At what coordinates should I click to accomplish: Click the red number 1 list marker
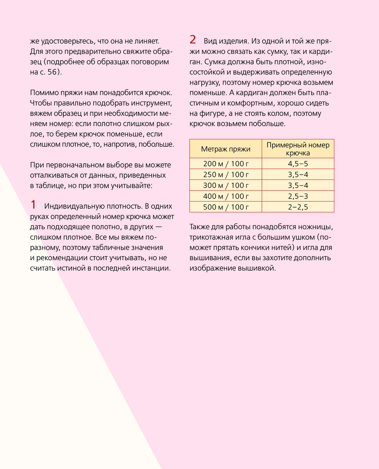pyautogui.click(x=33, y=205)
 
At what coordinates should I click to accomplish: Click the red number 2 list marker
pyautogui.click(x=193, y=40)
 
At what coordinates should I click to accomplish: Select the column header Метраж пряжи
pyautogui.click(x=226, y=149)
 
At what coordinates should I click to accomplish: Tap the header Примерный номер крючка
pyautogui.click(x=298, y=149)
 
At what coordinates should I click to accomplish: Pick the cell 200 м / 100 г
pyautogui.click(x=226, y=164)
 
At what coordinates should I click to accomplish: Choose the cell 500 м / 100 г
pyautogui.click(x=226, y=207)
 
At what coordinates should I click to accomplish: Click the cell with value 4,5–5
pyautogui.click(x=298, y=164)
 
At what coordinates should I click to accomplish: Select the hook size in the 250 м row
pyautogui.click(x=298, y=175)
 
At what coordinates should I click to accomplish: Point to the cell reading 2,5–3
pyautogui.click(x=298, y=196)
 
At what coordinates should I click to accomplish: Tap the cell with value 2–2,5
pyautogui.click(x=298, y=207)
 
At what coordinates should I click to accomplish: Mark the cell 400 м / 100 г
pyautogui.click(x=226, y=196)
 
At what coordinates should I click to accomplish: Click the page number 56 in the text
pyautogui.click(x=52, y=72)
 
